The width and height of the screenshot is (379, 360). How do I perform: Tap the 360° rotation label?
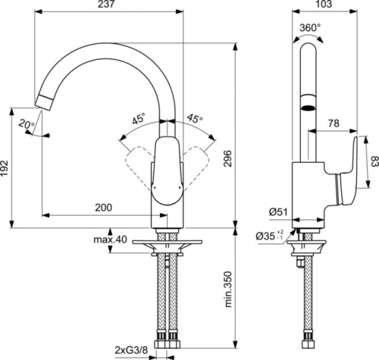(x=312, y=27)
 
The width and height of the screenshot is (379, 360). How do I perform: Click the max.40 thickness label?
(x=110, y=240)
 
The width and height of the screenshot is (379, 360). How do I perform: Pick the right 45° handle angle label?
(x=194, y=119)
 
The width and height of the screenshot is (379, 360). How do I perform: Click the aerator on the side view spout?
(x=307, y=108)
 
